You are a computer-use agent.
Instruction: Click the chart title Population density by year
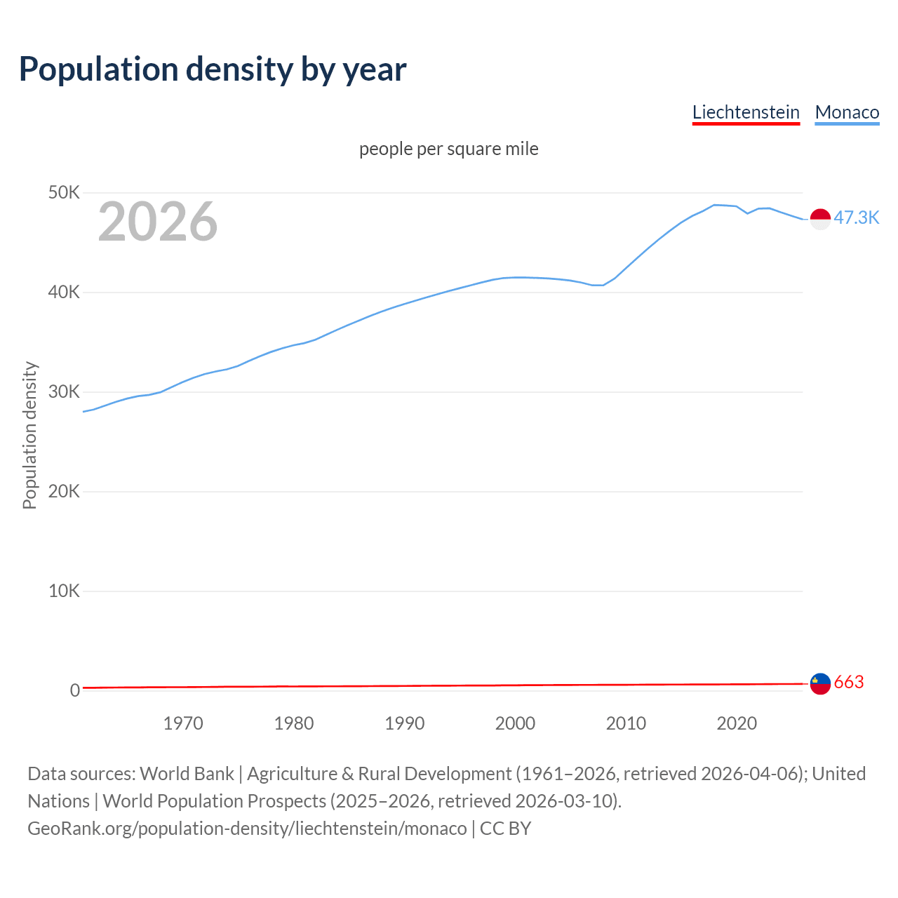pos(213,69)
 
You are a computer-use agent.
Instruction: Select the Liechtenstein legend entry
pos(746,112)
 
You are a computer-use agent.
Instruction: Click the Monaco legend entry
pos(847,112)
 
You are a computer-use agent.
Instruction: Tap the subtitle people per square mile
pos(449,149)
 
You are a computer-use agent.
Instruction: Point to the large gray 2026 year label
pos(158,222)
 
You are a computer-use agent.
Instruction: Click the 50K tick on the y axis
pos(64,192)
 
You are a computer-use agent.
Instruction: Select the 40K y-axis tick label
pos(64,292)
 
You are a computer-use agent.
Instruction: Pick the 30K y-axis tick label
pos(64,391)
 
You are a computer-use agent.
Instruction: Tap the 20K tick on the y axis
pos(64,491)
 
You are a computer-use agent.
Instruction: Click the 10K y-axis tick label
pos(64,591)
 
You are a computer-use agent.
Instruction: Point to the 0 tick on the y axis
pos(75,690)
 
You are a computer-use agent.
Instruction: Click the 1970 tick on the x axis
pos(183,723)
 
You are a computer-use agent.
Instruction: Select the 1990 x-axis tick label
pos(405,723)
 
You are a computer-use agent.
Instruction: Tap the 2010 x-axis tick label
pos(626,723)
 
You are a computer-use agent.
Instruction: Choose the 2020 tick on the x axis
pos(737,723)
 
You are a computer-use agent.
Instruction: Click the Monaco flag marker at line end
pos(820,219)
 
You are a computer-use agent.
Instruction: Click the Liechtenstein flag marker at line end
pos(820,683)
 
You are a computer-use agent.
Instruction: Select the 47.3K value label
pos(856,217)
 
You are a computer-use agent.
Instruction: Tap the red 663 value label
pos(849,682)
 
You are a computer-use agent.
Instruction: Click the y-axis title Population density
pos(29,435)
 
